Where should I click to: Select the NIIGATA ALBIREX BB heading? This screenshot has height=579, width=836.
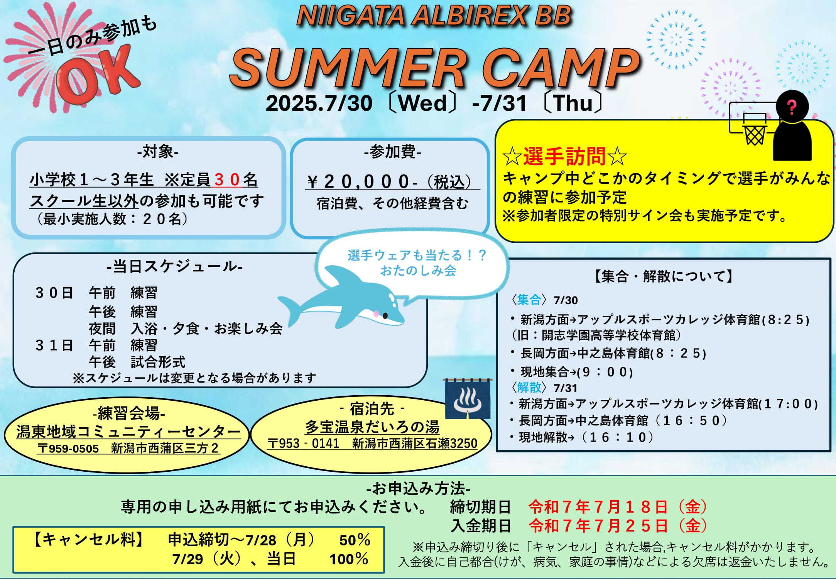point(434,16)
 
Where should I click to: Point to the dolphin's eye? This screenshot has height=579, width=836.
point(385,316)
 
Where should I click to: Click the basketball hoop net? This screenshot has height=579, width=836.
point(755,135)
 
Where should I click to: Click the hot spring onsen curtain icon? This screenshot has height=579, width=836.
point(467,399)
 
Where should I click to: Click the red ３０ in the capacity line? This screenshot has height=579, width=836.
point(228,179)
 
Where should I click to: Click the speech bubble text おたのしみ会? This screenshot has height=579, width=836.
point(418,271)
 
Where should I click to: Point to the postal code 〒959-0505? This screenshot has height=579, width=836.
point(68,448)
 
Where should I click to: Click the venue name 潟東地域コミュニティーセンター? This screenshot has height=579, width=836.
point(128,432)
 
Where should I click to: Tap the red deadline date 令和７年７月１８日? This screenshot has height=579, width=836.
point(598,507)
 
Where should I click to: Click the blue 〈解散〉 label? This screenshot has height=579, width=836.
point(529,387)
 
